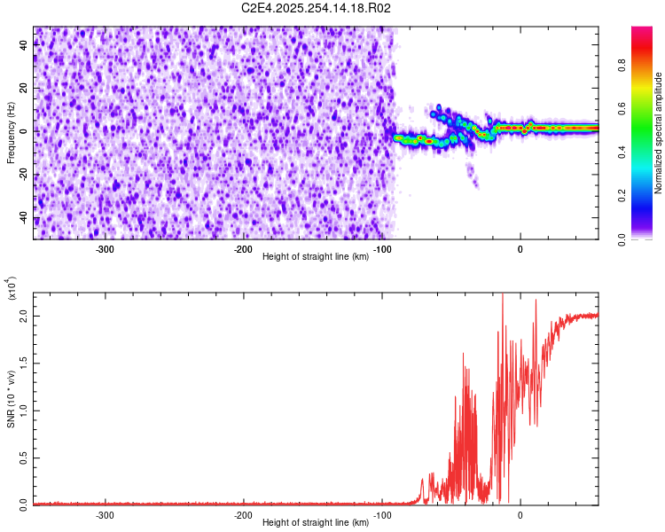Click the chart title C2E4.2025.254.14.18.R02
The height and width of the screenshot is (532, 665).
tap(316, 8)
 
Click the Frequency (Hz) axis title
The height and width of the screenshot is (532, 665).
tap(11, 133)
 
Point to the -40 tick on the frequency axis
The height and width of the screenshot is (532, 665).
tap(25, 218)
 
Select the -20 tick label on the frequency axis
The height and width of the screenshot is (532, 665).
tap(25, 175)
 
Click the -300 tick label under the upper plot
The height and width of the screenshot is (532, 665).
tap(105, 249)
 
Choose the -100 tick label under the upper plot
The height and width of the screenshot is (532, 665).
tap(382, 249)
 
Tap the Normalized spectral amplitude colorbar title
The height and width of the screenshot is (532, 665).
tap(658, 133)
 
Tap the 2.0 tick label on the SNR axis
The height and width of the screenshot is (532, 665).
tap(25, 316)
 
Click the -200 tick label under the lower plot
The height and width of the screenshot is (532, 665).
tap(243, 515)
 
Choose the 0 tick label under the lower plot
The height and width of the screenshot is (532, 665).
tap(520, 515)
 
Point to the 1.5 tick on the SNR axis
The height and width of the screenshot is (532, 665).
tap(25, 363)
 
